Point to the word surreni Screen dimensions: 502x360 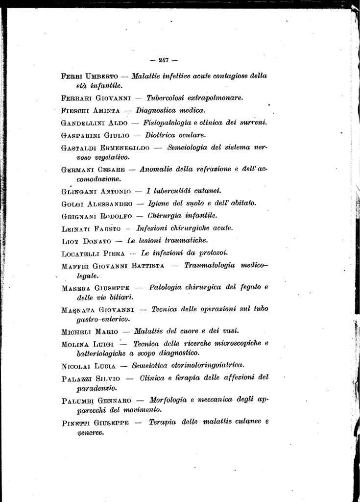(x=252, y=122)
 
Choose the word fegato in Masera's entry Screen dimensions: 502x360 (x=247, y=287)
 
